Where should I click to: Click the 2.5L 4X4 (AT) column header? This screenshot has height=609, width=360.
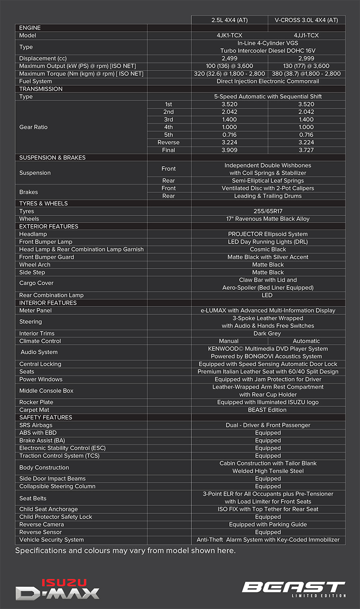(229, 20)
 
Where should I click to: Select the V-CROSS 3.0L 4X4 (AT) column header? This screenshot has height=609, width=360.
(306, 20)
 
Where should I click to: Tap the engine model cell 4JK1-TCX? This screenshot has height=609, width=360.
(229, 36)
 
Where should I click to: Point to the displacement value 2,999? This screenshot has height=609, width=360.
(306, 58)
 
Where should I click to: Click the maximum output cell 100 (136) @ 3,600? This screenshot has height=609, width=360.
(229, 66)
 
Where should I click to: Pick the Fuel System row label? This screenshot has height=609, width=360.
(36, 81)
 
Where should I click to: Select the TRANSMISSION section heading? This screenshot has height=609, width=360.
(41, 89)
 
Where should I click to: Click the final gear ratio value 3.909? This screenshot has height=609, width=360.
(229, 150)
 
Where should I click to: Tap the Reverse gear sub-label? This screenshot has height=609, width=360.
(169, 143)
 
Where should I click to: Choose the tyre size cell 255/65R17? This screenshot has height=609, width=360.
(268, 211)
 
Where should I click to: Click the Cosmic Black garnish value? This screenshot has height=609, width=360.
(268, 250)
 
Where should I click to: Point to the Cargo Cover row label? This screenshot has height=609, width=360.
(36, 283)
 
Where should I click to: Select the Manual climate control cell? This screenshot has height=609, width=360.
(229, 341)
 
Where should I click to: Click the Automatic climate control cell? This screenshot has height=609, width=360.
(306, 341)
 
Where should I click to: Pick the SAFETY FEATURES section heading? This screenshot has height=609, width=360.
(45, 418)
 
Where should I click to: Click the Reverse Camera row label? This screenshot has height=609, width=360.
(42, 525)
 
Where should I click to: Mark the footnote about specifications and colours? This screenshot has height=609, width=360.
(125, 551)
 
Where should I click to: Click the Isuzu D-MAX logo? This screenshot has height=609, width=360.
(57, 589)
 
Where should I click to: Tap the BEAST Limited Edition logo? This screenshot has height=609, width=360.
(294, 589)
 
